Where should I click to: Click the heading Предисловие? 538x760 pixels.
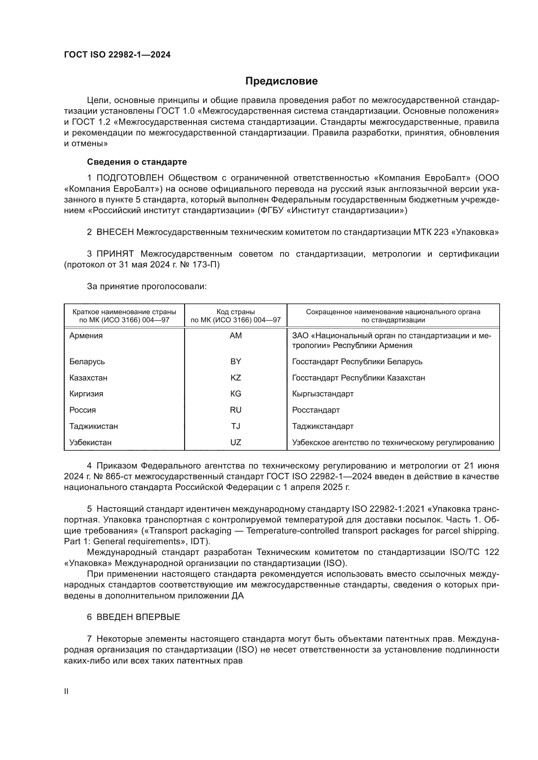[x=281, y=81]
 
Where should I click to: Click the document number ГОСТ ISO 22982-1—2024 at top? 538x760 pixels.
[x=117, y=55]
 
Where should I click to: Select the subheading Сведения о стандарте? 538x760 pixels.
[x=137, y=162]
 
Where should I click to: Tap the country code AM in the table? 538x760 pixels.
[x=235, y=336]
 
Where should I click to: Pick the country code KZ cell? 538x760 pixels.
[x=235, y=378]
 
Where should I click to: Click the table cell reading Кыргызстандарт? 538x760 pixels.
[x=323, y=394]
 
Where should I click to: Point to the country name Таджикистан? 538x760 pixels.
[x=93, y=426]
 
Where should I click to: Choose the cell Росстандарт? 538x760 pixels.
[x=316, y=410]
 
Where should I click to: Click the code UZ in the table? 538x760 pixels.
[x=235, y=443]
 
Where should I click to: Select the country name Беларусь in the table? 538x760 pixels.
[x=87, y=361]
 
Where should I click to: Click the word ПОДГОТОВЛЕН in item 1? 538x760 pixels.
[x=130, y=178]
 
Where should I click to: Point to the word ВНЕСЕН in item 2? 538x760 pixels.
[x=115, y=232]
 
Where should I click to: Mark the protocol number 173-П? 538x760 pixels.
[x=204, y=265]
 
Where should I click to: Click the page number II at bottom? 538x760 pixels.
[x=66, y=691]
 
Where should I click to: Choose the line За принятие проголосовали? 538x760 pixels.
[x=147, y=286]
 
